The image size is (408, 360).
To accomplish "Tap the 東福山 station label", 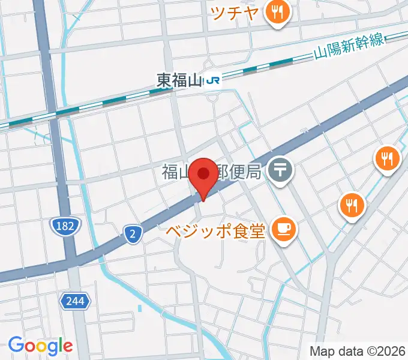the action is click(x=179, y=80).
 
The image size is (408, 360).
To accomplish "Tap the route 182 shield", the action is click(x=62, y=226).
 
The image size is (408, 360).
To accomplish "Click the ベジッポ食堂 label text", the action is click(x=215, y=230).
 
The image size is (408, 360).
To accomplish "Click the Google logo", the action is click(x=40, y=345).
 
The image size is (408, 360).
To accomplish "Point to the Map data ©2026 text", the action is click(x=357, y=350).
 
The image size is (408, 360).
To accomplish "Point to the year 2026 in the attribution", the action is click(x=391, y=350).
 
